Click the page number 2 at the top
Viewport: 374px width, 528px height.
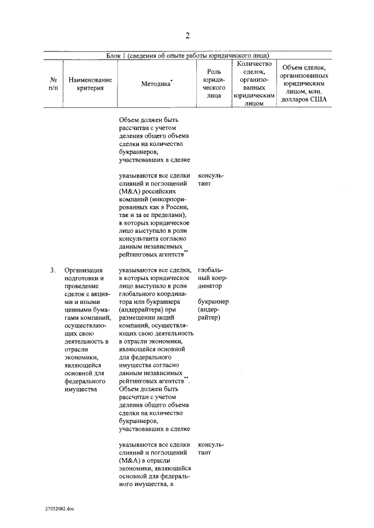188,36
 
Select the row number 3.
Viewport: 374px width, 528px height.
53,270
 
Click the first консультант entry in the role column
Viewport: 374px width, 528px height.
210,179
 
